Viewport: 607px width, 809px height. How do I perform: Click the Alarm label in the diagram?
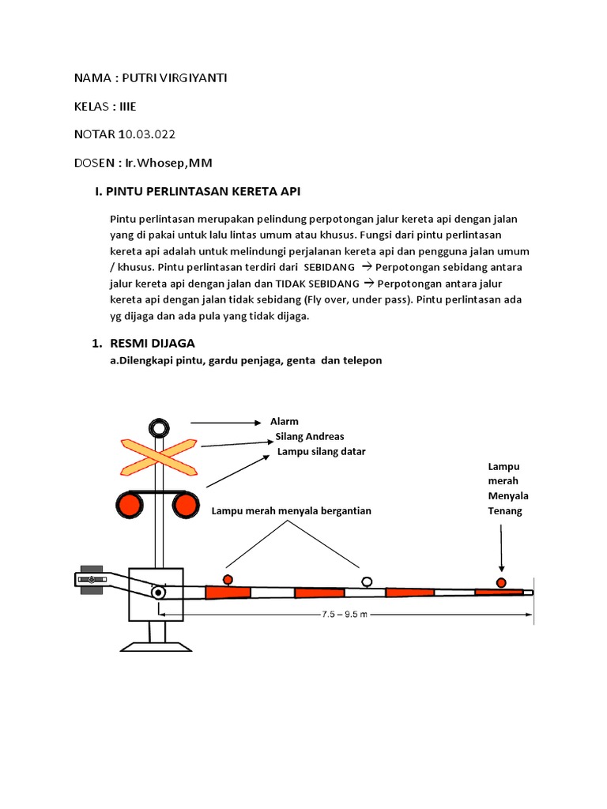click(285, 422)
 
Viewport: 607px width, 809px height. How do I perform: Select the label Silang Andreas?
click(309, 436)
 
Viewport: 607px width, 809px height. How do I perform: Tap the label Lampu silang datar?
click(321, 451)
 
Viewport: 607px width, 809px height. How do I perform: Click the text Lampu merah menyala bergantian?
click(291, 510)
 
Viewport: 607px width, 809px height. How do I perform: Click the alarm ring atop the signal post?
click(159, 428)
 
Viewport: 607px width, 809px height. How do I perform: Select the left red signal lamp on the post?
click(129, 502)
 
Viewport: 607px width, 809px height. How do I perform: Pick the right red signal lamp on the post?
click(189, 502)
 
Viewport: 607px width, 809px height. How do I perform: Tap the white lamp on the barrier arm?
click(367, 581)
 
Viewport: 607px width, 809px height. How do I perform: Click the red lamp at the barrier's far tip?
click(501, 583)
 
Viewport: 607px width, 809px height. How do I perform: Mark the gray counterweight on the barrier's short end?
click(92, 579)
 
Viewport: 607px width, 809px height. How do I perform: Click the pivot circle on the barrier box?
click(159, 592)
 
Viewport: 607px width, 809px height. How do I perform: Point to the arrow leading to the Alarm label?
click(225, 423)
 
